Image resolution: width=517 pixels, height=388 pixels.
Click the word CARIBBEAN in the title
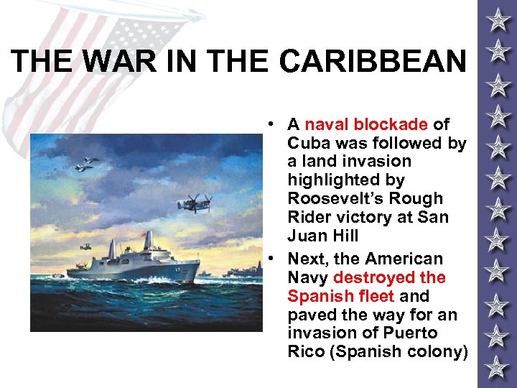pos(373,62)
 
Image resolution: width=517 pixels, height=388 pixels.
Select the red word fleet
pos(373,296)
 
